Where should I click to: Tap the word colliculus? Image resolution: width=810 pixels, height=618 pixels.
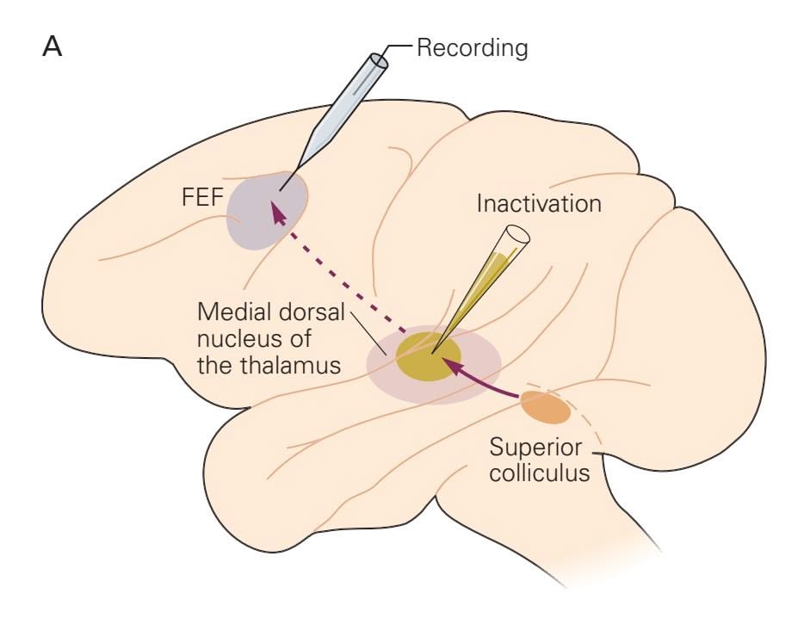pyautogui.click(x=540, y=473)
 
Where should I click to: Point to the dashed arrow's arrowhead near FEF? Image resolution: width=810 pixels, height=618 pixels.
pyautogui.click(x=275, y=209)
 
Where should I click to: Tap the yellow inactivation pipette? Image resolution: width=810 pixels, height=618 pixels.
pyautogui.click(x=482, y=284)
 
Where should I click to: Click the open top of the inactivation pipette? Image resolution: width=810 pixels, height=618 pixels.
pyautogui.click(x=516, y=234)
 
